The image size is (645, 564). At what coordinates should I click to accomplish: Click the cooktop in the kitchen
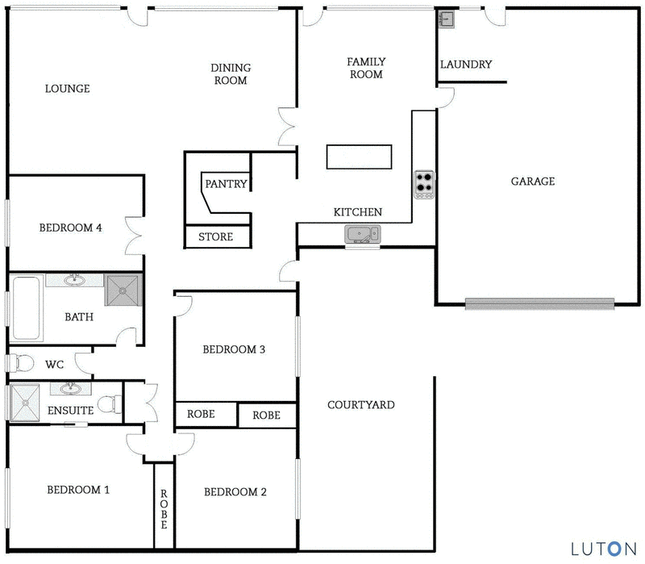(x=424, y=184)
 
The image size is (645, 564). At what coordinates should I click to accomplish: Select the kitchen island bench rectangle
(x=359, y=157)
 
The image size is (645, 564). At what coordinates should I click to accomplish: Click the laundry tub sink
(x=447, y=19)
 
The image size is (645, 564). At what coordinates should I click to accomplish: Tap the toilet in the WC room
(x=19, y=363)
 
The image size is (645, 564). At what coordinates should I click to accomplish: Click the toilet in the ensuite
(x=107, y=402)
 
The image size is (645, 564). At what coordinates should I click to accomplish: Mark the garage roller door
(x=539, y=303)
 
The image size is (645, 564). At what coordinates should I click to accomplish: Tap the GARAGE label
(x=532, y=181)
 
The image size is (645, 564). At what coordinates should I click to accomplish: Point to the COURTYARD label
(x=360, y=404)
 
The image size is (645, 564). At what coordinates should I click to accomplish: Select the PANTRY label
(x=226, y=184)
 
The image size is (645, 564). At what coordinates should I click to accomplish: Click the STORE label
(x=215, y=236)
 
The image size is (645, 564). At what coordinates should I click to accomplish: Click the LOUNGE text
(x=67, y=89)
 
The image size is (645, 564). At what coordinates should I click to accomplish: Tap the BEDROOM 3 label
(x=234, y=349)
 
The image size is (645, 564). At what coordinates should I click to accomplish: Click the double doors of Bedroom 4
(x=134, y=234)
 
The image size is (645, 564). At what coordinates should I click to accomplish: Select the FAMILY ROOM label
(x=365, y=68)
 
